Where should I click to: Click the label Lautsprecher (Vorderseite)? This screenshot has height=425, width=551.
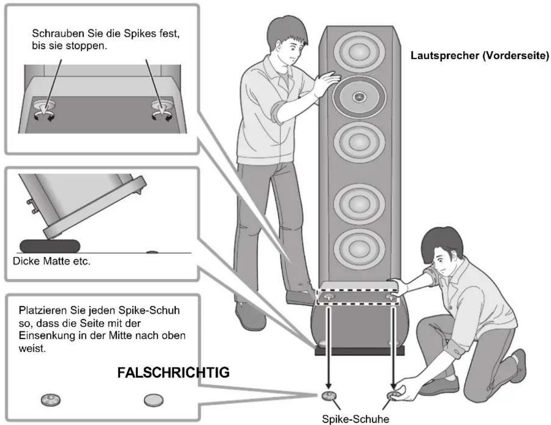(x=480, y=56)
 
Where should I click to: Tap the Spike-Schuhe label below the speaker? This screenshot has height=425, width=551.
(x=355, y=419)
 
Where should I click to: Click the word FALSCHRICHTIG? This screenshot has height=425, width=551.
(x=173, y=372)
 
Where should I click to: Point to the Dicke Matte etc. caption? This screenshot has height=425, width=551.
(x=51, y=261)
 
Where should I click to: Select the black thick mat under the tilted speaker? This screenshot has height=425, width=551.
(x=50, y=246)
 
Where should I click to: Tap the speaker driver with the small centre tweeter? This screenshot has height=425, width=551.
(x=359, y=96)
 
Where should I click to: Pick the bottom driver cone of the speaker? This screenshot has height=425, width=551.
(x=359, y=248)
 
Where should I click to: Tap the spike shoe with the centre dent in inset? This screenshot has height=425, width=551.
(x=51, y=399)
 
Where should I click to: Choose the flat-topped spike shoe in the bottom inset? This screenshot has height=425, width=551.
(x=153, y=400)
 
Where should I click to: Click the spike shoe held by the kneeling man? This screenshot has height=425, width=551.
(x=394, y=395)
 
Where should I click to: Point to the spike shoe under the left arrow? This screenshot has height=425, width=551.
(x=329, y=396)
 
